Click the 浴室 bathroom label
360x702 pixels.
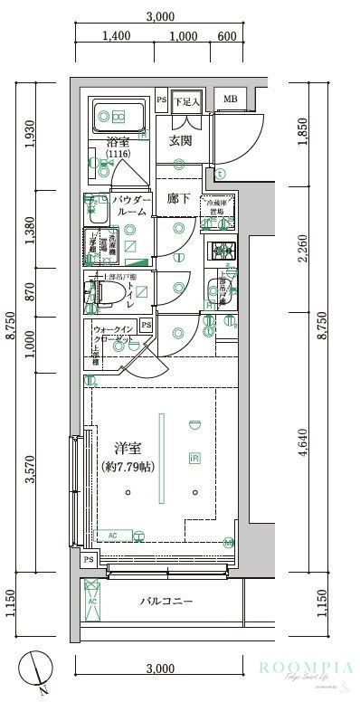118,142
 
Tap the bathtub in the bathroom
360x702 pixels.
119,117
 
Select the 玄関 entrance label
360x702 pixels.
179,140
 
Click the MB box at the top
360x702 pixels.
230,100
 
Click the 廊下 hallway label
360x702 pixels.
178,199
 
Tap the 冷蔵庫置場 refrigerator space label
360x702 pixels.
217,207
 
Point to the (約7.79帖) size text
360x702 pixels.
128,468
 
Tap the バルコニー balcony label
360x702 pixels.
166,601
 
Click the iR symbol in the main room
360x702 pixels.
194,460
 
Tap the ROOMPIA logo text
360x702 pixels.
303,669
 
